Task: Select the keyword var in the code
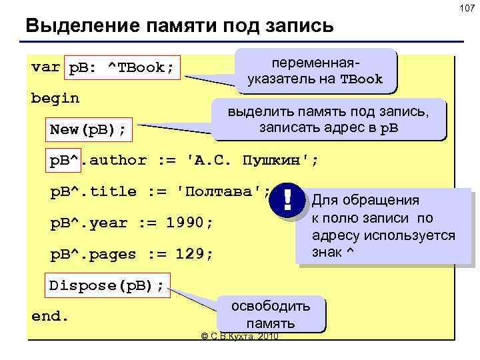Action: click(x=45, y=67)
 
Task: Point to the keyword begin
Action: click(x=55, y=99)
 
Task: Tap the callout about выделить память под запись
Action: click(x=329, y=120)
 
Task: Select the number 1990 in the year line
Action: click(x=187, y=223)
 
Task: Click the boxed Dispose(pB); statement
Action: click(x=107, y=285)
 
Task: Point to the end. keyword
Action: click(x=50, y=316)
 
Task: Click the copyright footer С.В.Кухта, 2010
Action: click(x=239, y=336)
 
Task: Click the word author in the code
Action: click(x=123, y=161)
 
